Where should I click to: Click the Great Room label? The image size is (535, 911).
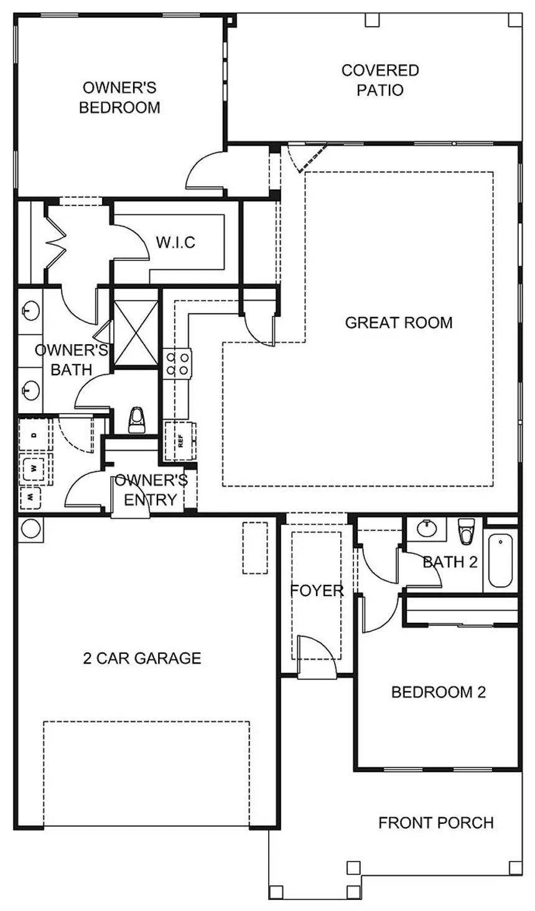(398, 322)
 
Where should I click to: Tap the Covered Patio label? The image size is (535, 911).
(380, 80)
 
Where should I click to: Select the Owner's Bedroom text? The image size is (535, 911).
(119, 98)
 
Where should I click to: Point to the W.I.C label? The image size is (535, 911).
(175, 243)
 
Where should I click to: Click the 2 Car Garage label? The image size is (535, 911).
(142, 658)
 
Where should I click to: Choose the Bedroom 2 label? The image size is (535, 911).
(439, 692)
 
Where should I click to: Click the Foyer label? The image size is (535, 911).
(317, 591)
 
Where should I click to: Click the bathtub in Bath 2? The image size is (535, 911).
(500, 561)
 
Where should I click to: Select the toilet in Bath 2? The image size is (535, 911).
(466, 530)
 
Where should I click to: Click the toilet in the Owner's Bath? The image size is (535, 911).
(136, 419)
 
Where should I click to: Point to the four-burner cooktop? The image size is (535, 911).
(177, 363)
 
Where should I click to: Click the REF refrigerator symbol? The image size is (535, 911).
(180, 441)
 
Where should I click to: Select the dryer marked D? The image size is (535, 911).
(35, 434)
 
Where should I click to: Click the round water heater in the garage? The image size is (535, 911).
(31, 529)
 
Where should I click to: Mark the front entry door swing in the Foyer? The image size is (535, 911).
(316, 657)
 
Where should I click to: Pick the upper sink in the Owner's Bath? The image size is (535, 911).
(30, 312)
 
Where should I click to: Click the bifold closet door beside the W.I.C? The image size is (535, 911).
(55, 243)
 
